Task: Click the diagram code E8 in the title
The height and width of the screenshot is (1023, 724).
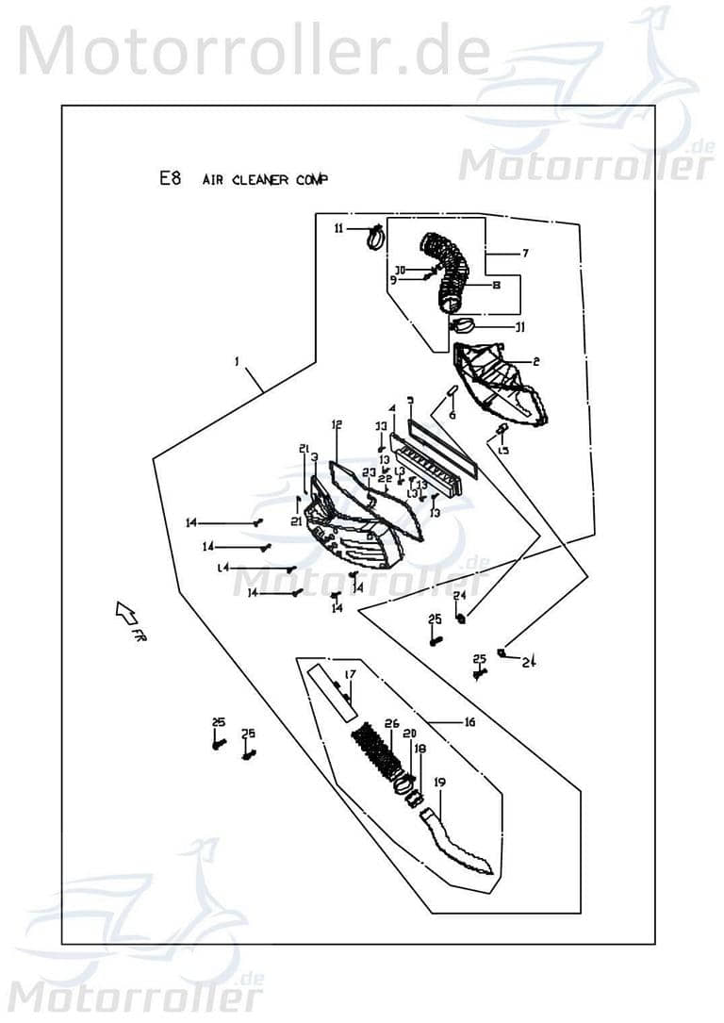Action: [x=170, y=178]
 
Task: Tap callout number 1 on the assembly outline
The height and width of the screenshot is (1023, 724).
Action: [x=238, y=361]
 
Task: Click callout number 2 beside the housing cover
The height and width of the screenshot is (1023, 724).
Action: [x=535, y=362]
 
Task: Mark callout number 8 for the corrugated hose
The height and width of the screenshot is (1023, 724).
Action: [x=495, y=284]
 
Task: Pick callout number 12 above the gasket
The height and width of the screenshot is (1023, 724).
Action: [x=336, y=425]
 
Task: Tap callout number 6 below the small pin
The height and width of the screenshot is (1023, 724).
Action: [x=452, y=415]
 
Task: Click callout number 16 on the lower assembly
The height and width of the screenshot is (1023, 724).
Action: [x=469, y=722]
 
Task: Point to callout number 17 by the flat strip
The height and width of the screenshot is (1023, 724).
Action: [x=350, y=674]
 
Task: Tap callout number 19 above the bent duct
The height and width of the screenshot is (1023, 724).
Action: [x=439, y=783]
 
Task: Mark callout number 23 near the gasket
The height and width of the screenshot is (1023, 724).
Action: [x=370, y=471]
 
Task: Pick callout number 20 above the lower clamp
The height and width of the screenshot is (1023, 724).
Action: [x=408, y=734]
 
